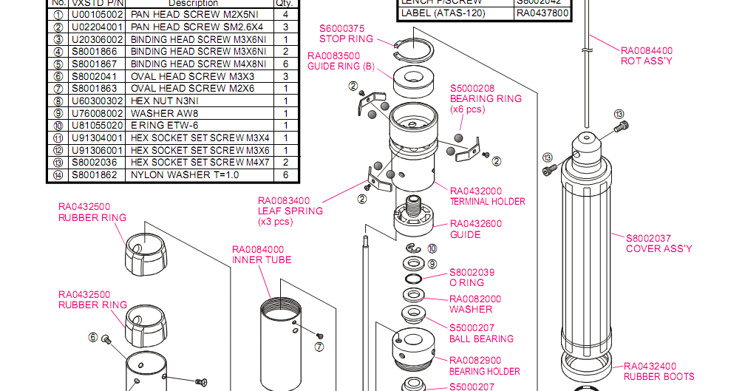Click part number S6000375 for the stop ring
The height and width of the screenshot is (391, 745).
[341, 29]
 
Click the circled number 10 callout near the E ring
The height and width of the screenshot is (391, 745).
[432, 249]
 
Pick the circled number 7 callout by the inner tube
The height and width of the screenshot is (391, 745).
[319, 346]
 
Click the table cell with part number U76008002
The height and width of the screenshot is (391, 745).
[98, 113]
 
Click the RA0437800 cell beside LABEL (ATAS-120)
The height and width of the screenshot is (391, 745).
[542, 13]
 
